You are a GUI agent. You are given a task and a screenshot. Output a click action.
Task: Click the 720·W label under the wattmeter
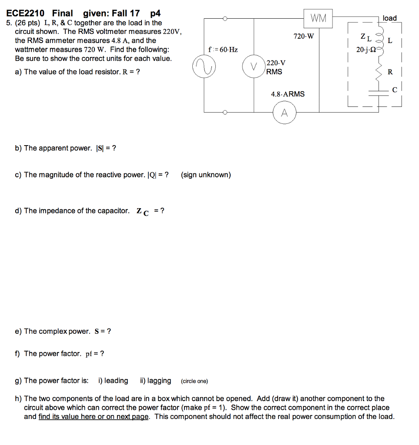click(303, 37)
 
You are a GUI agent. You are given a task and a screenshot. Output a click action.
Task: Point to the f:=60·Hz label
click(223, 50)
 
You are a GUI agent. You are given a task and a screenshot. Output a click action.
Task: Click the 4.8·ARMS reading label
click(288, 94)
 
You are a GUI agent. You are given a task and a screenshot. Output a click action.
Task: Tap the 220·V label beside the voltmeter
click(276, 63)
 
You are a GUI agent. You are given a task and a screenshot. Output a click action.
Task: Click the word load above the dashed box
click(389, 18)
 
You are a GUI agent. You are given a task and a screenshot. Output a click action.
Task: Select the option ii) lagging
click(155, 381)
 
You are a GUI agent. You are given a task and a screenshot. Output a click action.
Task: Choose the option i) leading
click(113, 381)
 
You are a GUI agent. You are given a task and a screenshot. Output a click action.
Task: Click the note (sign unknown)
click(206, 175)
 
